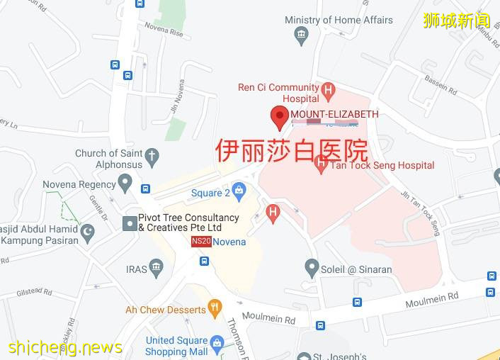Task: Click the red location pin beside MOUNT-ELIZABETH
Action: coord(280,117)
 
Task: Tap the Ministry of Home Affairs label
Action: coord(339,20)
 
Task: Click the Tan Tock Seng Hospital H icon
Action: coord(321,165)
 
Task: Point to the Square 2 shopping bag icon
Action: coord(239,191)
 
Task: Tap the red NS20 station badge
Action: coord(201,242)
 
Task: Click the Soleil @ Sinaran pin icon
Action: coord(312,268)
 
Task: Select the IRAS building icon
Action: coord(157,268)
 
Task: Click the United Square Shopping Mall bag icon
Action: coord(217,345)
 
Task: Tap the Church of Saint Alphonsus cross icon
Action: coord(152,156)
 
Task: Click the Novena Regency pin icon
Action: coord(125,184)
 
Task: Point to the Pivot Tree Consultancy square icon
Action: coord(130,223)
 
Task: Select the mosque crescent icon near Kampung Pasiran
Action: coord(88,232)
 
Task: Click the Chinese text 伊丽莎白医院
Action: coord(291,151)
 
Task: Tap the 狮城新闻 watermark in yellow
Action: coord(456,20)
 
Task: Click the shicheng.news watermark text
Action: coord(65,347)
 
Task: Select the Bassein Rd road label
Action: coord(440,83)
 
